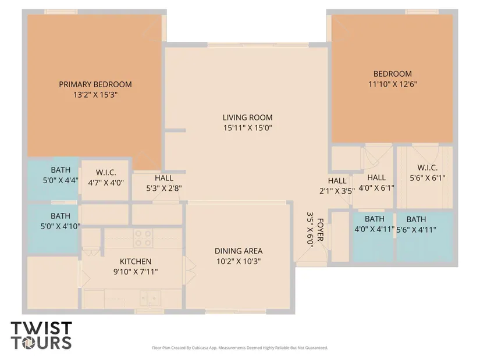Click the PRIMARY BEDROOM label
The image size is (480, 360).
95,84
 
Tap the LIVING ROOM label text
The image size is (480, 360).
247,117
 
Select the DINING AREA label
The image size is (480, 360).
239,251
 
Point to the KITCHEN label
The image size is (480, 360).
136,262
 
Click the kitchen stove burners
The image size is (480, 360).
143,238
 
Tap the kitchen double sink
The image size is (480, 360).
150,298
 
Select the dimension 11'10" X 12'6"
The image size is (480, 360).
393,84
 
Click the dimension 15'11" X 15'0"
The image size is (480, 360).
248,127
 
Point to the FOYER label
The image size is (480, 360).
320,230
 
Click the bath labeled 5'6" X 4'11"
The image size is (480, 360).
425,237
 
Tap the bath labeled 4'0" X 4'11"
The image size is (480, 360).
373,237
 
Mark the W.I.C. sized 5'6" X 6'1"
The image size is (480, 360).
425,177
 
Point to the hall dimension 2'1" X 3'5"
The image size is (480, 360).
337,191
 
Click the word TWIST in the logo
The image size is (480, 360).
41,328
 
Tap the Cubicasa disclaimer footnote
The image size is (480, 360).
240,348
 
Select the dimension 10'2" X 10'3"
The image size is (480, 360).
239,261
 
